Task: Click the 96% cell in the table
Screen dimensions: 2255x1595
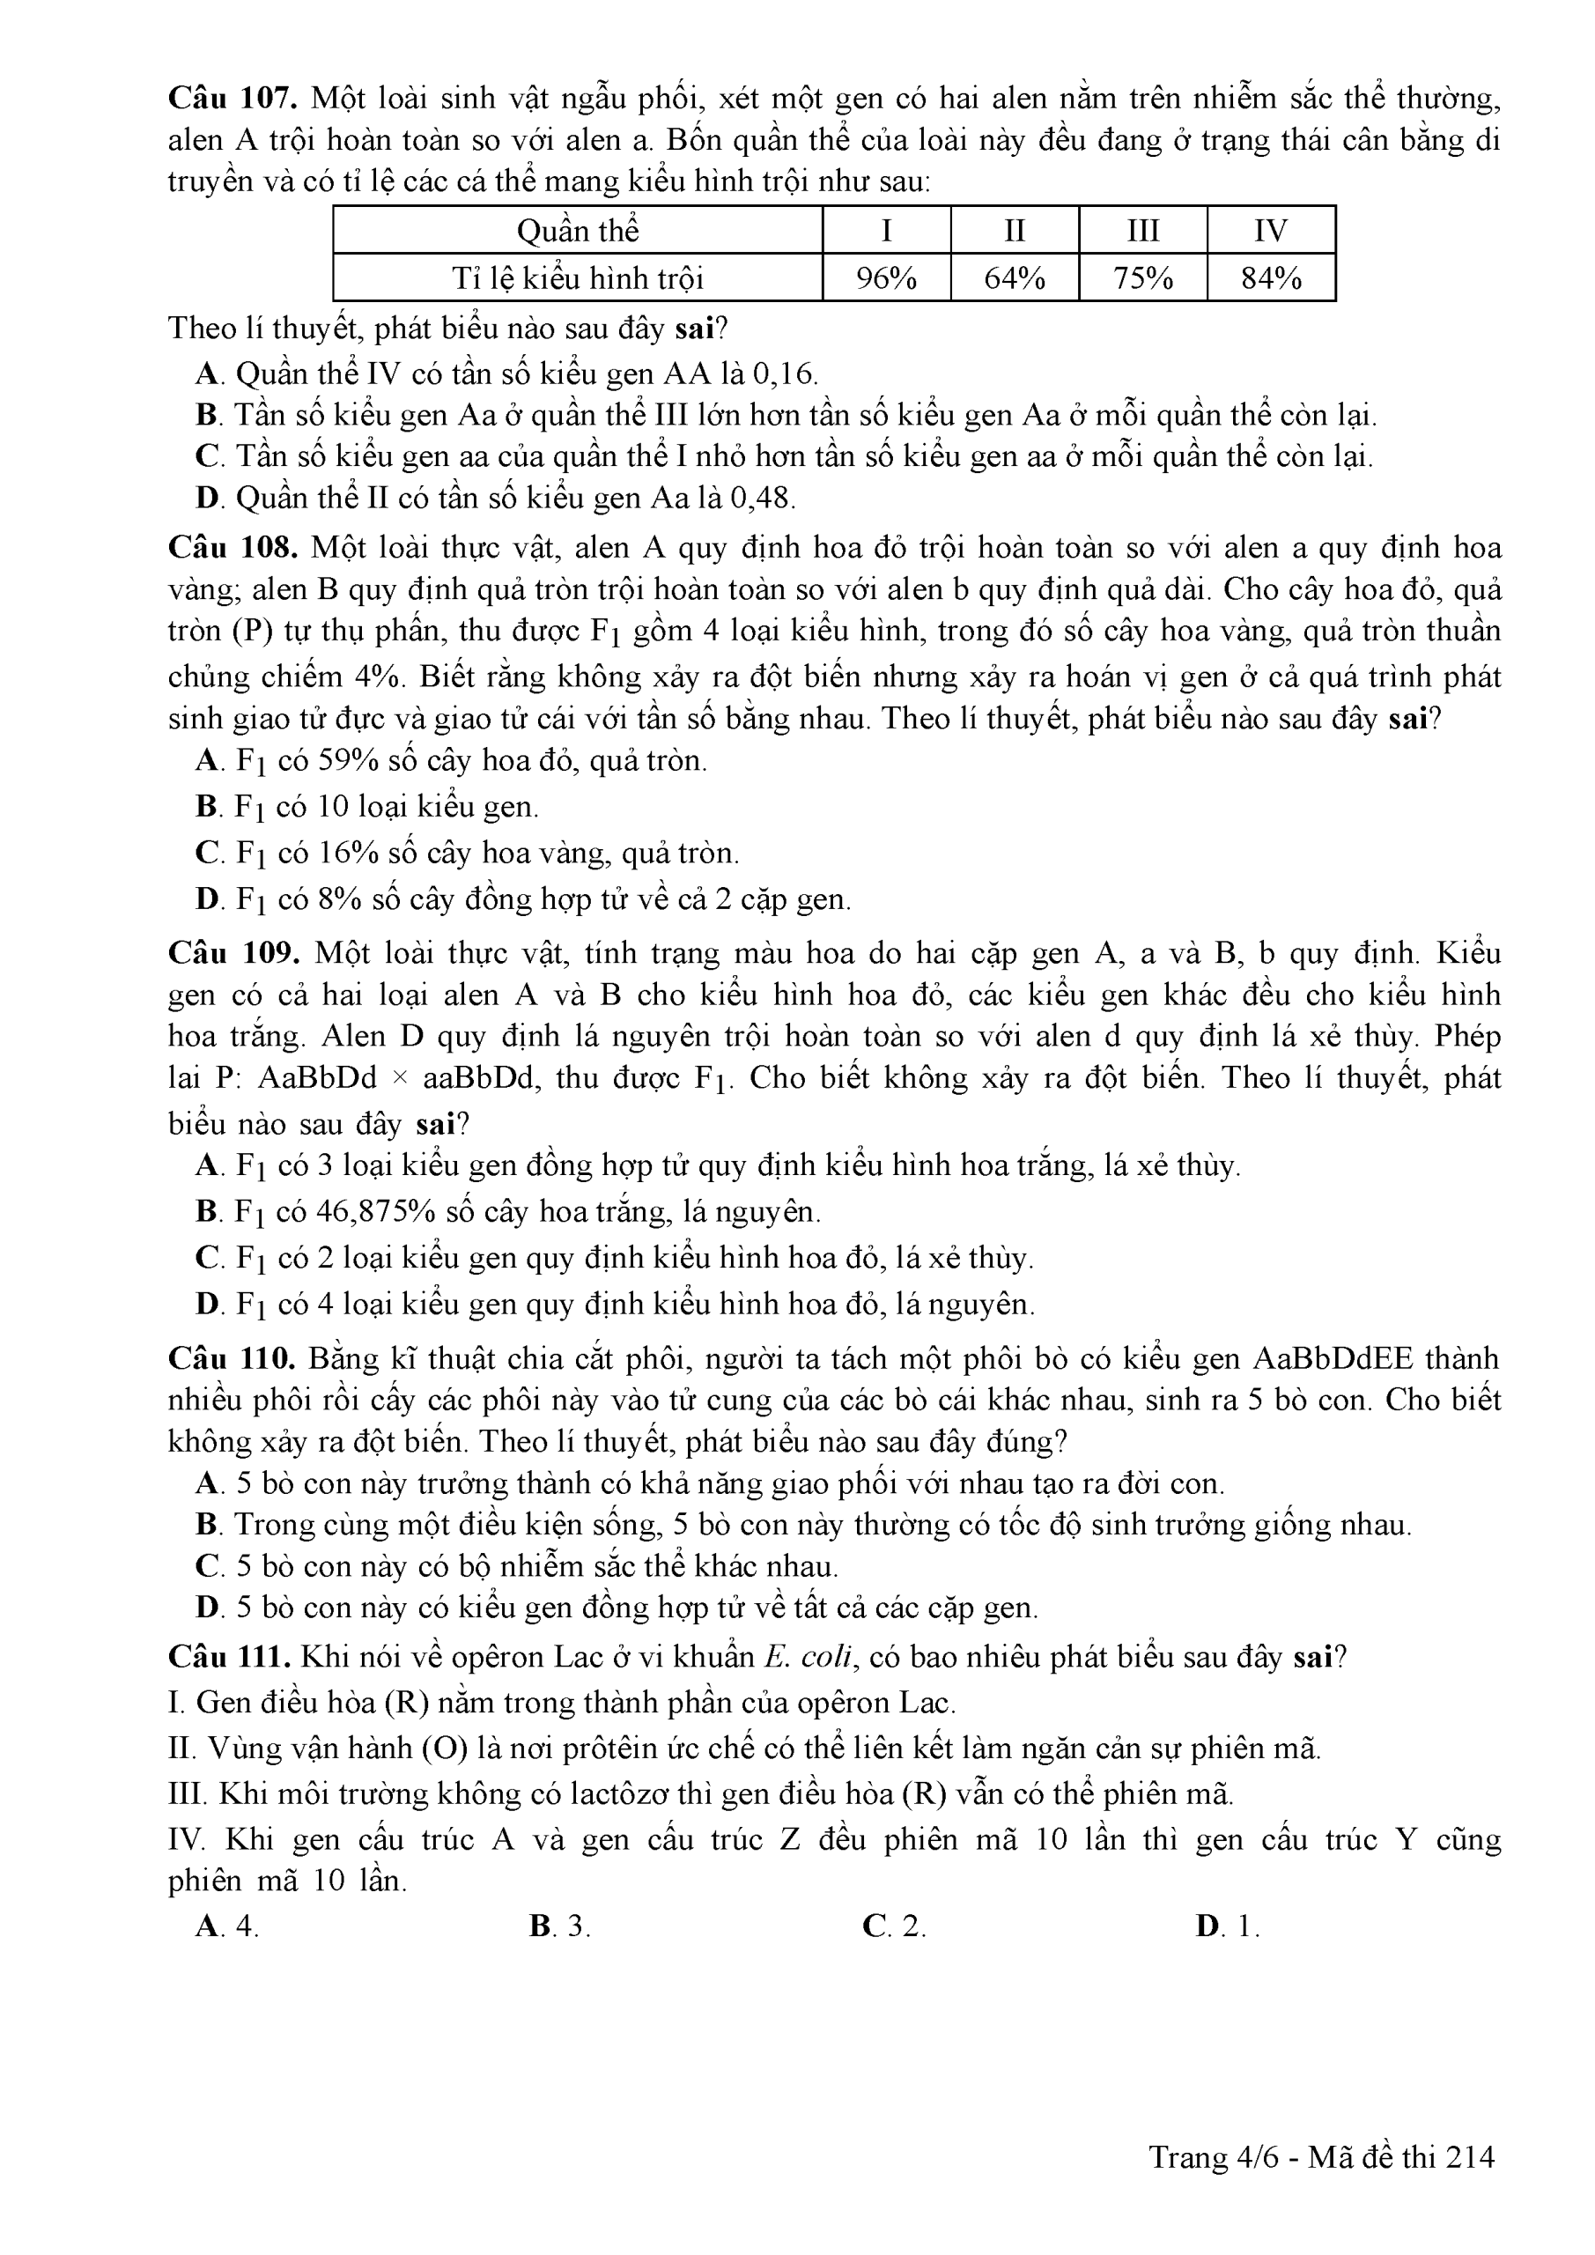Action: point(886,278)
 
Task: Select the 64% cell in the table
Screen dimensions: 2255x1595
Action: point(1014,278)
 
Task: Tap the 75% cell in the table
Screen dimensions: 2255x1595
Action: point(1142,278)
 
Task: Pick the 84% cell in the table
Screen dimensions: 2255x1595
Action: point(1271,278)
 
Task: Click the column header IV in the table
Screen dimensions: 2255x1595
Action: point(1271,231)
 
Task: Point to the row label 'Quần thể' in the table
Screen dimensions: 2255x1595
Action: point(578,231)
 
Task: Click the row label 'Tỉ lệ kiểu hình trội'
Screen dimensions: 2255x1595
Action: point(578,278)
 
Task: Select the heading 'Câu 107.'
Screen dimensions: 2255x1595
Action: point(233,98)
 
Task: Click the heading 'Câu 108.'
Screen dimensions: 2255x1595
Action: point(233,547)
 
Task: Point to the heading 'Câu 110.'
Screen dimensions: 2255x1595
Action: point(233,1358)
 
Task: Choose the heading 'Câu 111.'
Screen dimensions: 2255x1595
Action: point(230,1657)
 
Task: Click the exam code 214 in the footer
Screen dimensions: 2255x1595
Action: point(1470,2157)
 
